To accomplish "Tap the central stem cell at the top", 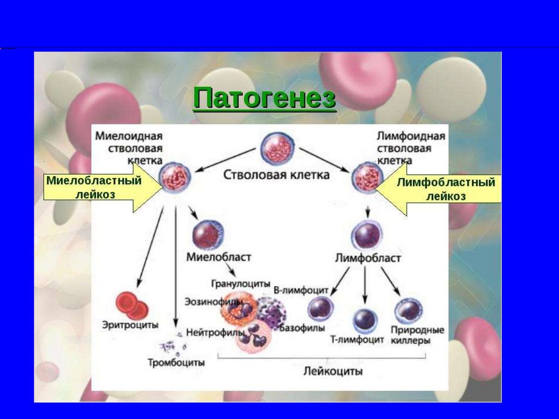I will tap(278, 149).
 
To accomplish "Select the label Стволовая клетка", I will tap(277, 175).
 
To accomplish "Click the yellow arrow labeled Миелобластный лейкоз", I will tap(98, 187).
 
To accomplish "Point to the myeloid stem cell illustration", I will tap(175, 178).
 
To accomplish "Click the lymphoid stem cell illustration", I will tap(366, 178).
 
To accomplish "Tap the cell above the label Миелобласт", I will tap(207, 235).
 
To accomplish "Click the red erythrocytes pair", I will tap(132, 306).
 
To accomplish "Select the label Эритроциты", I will tap(130, 325).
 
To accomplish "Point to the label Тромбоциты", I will tap(176, 362).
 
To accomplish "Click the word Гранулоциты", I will tap(241, 284).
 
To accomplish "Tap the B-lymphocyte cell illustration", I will tap(321, 308).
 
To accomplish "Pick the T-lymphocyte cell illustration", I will tap(365, 320).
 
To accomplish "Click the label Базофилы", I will tap(302, 328).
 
